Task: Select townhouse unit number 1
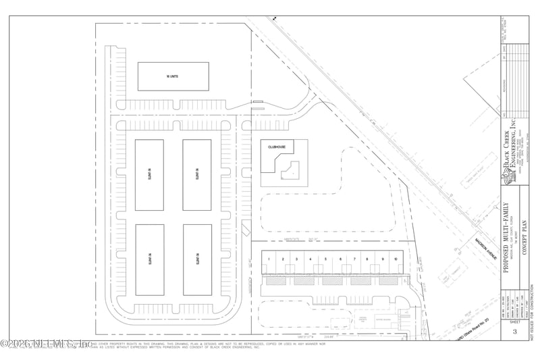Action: click(x=268, y=259)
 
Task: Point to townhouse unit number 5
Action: click(x=325, y=259)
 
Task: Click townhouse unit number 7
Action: click(x=354, y=259)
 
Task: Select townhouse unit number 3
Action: click(x=296, y=259)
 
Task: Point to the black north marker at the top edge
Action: click(x=275, y=20)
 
